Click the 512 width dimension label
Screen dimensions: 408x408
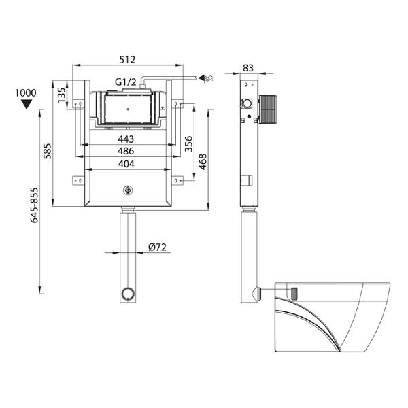click(x=128, y=60)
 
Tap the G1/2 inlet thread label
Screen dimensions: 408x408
click(x=126, y=82)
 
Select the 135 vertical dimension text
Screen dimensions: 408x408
click(x=61, y=95)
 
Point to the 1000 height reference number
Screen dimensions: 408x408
click(x=26, y=93)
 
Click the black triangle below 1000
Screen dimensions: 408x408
click(x=27, y=104)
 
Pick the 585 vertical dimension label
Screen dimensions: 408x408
click(x=48, y=151)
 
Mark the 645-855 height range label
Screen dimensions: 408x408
click(x=34, y=205)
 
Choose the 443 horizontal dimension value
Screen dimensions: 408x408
click(x=126, y=139)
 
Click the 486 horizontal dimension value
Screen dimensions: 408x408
click(x=126, y=151)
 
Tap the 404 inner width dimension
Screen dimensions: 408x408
click(x=126, y=164)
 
